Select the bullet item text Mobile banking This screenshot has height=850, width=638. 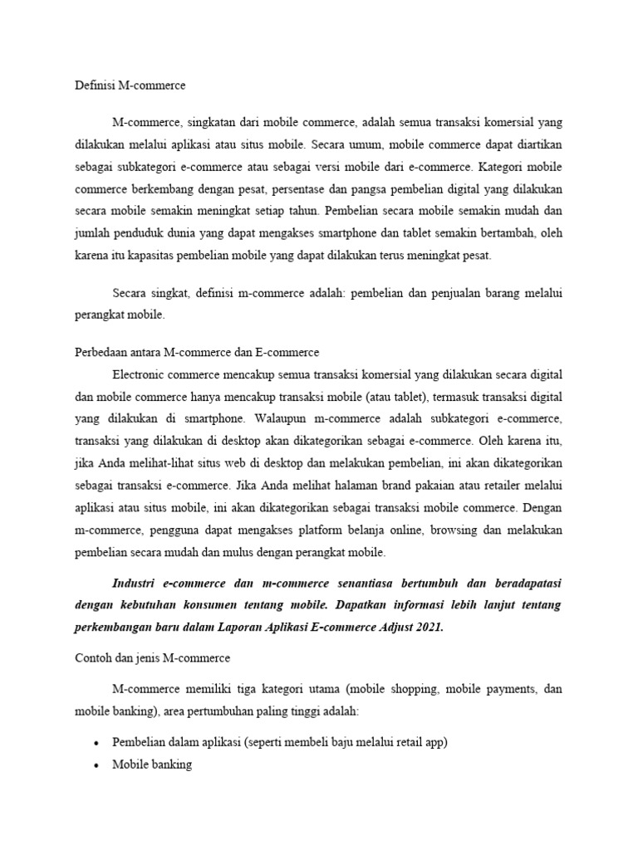(x=152, y=765)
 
